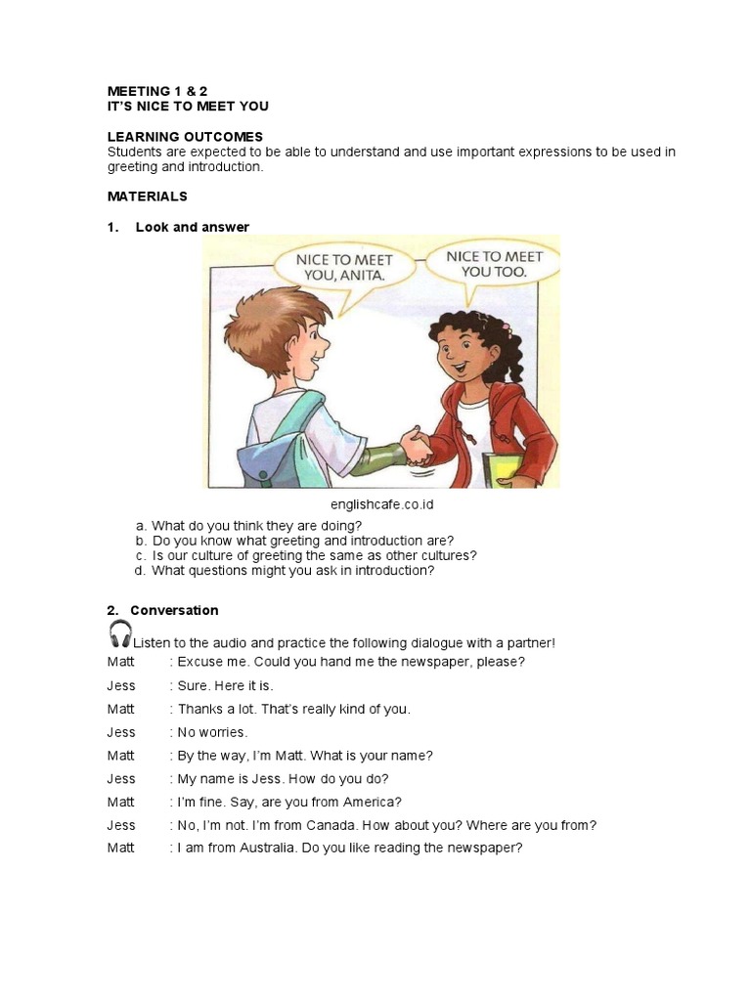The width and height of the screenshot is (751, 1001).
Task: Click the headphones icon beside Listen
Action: point(120,634)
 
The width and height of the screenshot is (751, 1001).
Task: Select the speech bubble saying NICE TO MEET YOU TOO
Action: point(493,263)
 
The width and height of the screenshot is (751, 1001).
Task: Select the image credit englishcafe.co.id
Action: point(381,504)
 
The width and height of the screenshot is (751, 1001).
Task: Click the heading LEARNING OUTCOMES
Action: point(185,137)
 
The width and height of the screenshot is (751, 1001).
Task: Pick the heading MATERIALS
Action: point(148,196)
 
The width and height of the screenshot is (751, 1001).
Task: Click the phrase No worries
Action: point(212,732)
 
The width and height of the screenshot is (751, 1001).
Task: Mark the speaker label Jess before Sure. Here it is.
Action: point(121,685)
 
